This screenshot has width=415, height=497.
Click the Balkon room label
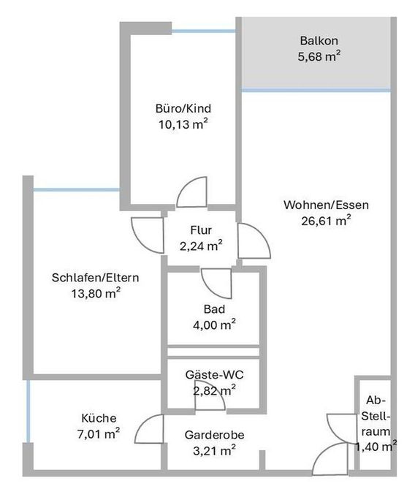(319, 41)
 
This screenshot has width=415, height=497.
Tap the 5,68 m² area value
(319, 56)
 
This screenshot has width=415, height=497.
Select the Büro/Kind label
(178, 109)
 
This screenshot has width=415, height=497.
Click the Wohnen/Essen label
(326, 205)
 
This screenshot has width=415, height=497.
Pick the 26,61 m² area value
(326, 221)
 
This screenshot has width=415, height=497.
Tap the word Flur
(200, 230)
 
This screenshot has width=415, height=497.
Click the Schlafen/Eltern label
(96, 278)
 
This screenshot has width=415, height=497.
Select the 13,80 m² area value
(92, 293)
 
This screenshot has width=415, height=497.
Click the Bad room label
(214, 308)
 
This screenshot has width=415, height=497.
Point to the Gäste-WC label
(214, 375)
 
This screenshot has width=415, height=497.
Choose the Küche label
(99, 418)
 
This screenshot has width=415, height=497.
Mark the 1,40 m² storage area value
(376, 446)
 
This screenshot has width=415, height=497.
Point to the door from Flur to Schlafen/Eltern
(148, 234)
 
